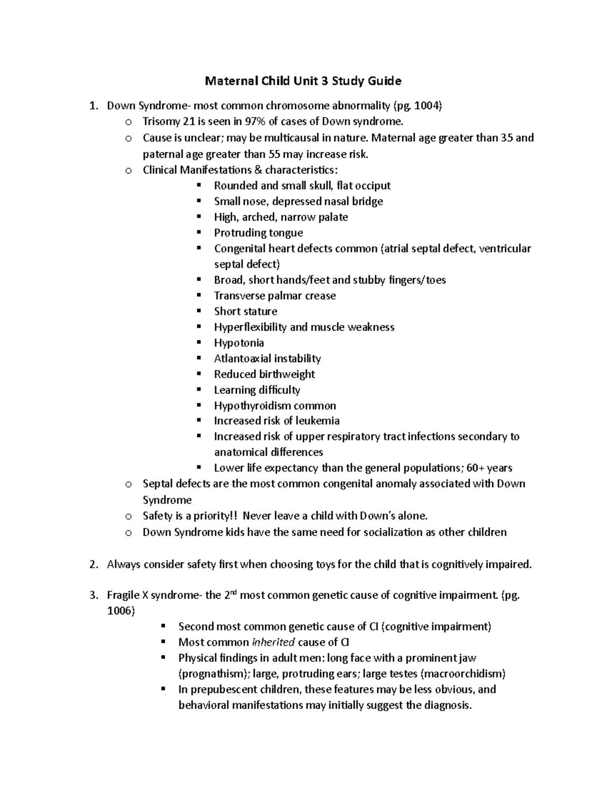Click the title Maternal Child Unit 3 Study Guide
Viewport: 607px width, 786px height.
coord(302,81)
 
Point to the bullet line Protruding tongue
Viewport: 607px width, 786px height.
coord(258,233)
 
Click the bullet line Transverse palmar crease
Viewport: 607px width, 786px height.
coord(275,296)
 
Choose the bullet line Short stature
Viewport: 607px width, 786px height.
coord(245,311)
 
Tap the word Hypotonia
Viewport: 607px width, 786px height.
coord(239,343)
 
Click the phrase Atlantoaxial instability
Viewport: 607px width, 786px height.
coord(267,358)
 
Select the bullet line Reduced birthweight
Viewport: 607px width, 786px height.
coord(264,374)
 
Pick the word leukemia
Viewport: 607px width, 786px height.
coord(318,421)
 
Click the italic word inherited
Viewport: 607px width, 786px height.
coord(273,642)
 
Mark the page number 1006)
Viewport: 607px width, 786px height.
coord(121,611)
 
